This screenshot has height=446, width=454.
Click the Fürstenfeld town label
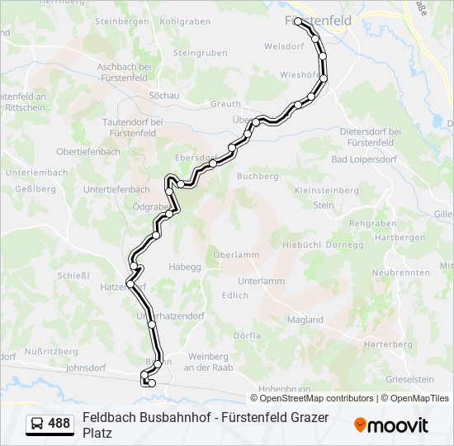(x=318, y=20)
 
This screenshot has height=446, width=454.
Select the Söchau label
(x=164, y=96)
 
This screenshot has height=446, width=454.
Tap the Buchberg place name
(x=257, y=176)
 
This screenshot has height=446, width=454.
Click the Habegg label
(x=185, y=267)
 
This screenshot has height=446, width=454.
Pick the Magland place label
(x=305, y=320)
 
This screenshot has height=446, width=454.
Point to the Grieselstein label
(x=409, y=379)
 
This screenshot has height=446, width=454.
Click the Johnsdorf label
(x=88, y=368)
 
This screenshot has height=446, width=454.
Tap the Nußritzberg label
(x=51, y=351)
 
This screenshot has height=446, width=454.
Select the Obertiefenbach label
(x=88, y=152)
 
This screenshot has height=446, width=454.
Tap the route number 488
(x=59, y=424)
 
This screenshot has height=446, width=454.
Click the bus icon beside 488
(x=37, y=424)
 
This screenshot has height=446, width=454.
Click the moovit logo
(x=391, y=425)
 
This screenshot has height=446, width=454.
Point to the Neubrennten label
(x=401, y=273)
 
